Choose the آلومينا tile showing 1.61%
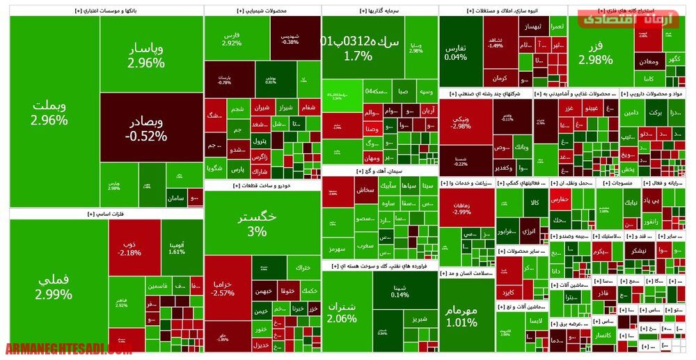coord(177,247)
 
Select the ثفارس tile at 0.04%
coord(455,52)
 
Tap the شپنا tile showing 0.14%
coord(400,290)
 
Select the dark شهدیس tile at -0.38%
coord(290,38)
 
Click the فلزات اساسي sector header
coord(104,214)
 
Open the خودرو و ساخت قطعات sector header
coord(262,185)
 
